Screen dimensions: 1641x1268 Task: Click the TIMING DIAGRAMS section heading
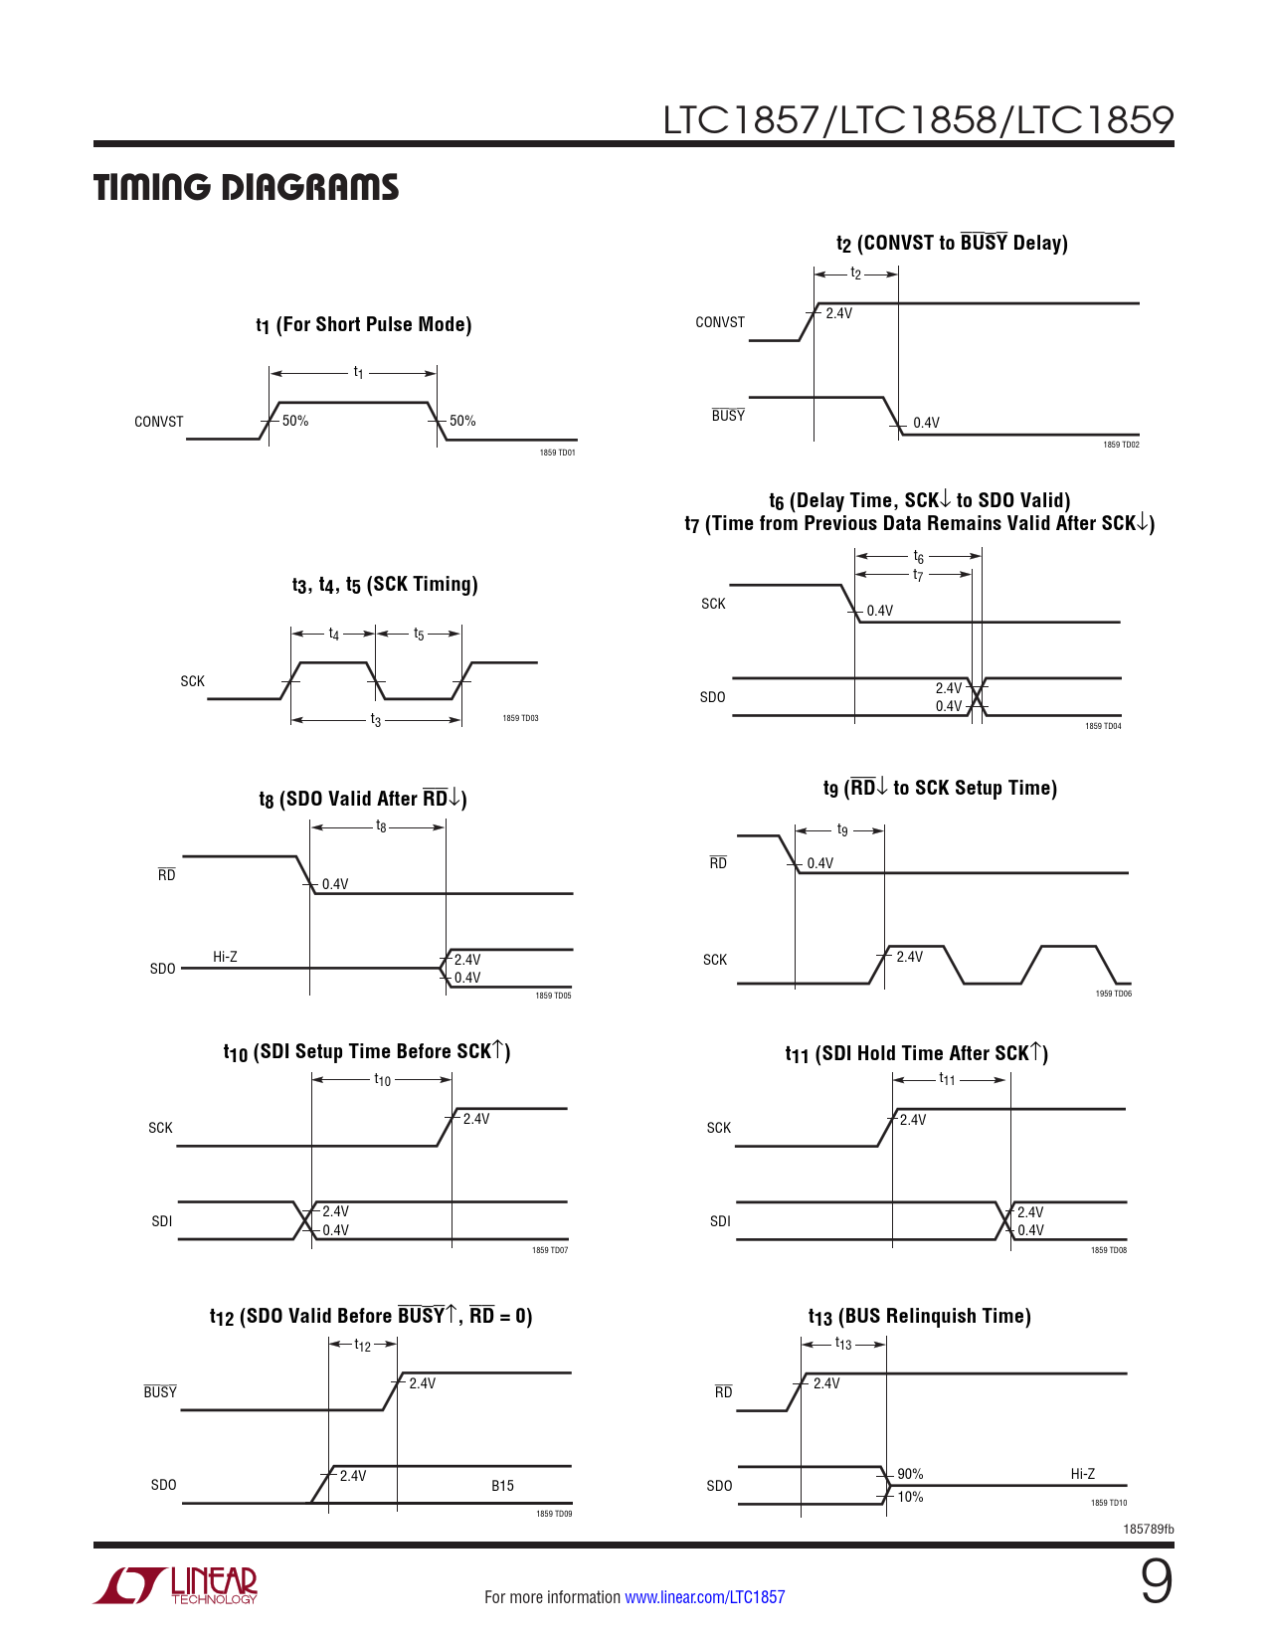[246, 188]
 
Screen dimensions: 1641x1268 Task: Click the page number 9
[1156, 1581]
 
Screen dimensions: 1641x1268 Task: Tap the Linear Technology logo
[176, 1585]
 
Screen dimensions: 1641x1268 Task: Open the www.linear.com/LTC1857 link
[704, 1597]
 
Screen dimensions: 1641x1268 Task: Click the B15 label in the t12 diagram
[502, 1486]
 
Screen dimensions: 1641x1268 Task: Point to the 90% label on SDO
[910, 1474]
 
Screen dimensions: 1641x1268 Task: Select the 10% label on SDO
[910, 1497]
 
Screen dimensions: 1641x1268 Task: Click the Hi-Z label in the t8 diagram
[225, 957]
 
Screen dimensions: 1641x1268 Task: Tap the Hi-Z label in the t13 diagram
[1083, 1474]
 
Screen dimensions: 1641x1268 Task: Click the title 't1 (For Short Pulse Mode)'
[363, 325]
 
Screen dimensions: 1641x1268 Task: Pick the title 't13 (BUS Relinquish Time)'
[919, 1317]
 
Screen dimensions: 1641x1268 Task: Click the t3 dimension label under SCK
[375, 720]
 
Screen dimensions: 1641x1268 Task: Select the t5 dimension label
[419, 635]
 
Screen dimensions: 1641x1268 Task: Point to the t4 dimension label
[334, 635]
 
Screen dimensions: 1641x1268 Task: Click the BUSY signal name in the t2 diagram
[728, 416]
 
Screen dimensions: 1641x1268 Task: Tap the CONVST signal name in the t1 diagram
[159, 422]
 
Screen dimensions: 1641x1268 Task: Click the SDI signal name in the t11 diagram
[720, 1221]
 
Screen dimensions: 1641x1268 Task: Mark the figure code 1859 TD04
[1103, 726]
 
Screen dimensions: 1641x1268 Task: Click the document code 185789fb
[1148, 1529]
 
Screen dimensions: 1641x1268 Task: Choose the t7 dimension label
[918, 575]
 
